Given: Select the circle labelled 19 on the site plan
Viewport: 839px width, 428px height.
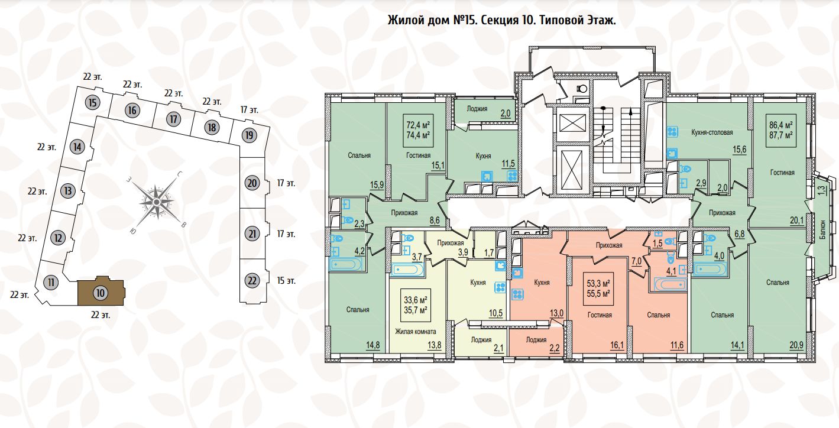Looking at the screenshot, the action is (249, 135).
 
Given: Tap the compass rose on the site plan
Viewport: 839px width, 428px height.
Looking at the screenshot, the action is (156, 202).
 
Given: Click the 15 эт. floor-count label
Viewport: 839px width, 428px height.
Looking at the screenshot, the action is (286, 280).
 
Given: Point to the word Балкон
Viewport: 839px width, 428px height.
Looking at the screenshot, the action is (823, 228).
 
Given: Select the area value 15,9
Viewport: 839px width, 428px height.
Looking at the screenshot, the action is (376, 184).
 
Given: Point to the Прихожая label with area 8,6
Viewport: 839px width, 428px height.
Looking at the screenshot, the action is (404, 213).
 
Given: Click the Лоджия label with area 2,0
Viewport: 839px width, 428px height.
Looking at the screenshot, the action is (477, 108).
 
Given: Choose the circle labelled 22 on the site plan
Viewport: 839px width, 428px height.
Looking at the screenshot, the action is (252, 280).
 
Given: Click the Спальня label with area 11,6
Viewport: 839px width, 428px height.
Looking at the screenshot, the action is (658, 315).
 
